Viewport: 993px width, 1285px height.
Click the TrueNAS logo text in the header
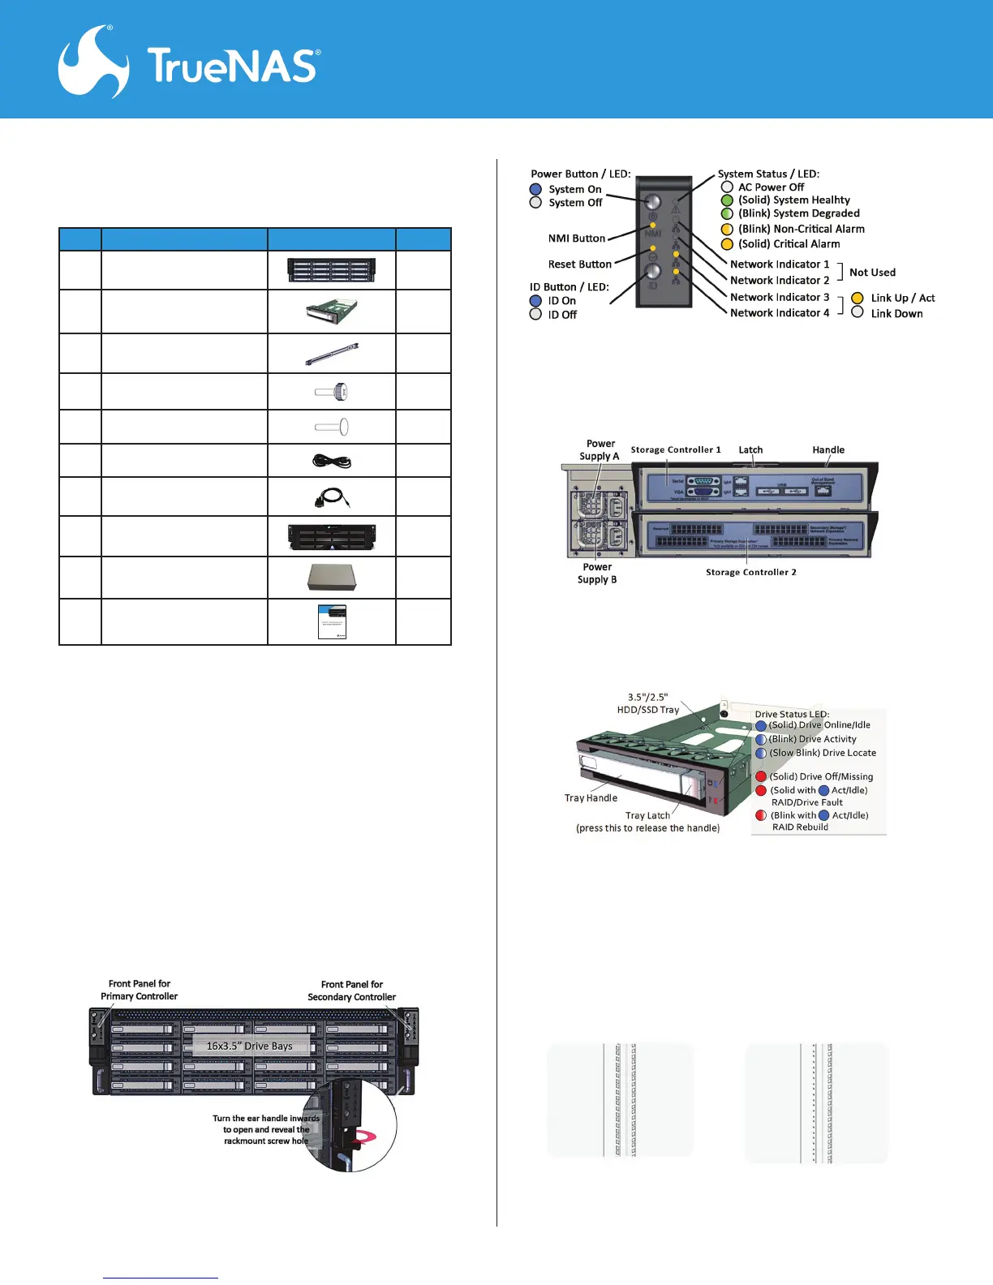[x=234, y=66]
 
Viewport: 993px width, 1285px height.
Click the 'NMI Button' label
[x=576, y=239]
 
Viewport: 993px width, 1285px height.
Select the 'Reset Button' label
[x=579, y=264]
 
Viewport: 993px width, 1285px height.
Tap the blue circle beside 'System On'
[x=535, y=189]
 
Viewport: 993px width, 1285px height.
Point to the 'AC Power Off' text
[x=771, y=187]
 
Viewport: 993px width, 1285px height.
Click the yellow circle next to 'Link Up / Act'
[x=857, y=298]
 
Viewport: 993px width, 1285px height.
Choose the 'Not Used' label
[x=872, y=273]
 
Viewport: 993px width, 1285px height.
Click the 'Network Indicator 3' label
[x=779, y=297]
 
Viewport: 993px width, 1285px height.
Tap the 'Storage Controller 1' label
[x=675, y=449]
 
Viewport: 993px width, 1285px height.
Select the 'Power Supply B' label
[x=597, y=573]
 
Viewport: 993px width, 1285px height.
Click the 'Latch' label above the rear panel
[x=750, y=449]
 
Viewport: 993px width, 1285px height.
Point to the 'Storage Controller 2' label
[x=750, y=572]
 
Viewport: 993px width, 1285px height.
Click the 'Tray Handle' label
[x=591, y=798]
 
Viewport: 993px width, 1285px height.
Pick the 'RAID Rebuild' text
[x=800, y=827]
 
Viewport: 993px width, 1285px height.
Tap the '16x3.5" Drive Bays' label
[x=249, y=1046]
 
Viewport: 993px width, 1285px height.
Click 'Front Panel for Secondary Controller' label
[x=351, y=991]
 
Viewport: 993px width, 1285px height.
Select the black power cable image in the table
[x=332, y=461]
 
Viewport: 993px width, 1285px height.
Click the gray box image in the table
[x=332, y=577]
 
